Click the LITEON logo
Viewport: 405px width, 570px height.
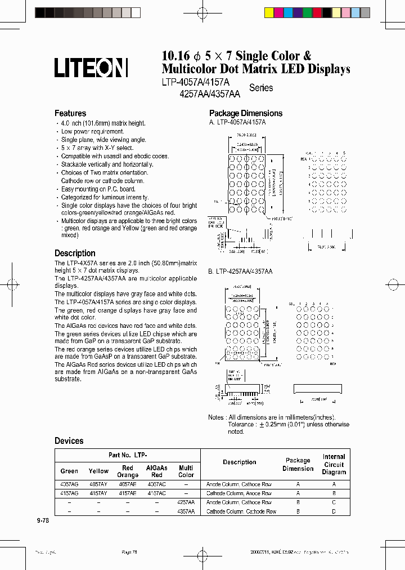pos(91,68)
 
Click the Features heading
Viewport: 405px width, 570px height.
pos(70,113)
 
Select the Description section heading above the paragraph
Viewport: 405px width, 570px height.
pos(75,253)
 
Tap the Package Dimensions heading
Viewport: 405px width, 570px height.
pos(246,113)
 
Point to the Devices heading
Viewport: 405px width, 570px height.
pos(69,441)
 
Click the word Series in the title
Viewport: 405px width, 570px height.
pos(261,88)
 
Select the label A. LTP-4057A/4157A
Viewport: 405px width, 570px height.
pos(237,122)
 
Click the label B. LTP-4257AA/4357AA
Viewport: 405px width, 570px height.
pos(240,271)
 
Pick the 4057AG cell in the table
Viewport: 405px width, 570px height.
pos(69,484)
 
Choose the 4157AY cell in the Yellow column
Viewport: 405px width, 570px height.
pos(98,493)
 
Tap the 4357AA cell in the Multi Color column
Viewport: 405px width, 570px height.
pos(186,511)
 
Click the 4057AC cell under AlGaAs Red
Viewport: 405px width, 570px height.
pos(157,484)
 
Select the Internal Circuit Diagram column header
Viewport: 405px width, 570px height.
pos(334,464)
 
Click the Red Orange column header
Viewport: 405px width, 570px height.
pos(128,471)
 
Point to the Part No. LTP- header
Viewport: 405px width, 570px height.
pos(128,455)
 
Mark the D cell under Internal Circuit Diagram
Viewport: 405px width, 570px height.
pos(334,511)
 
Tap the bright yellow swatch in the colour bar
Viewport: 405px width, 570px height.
pos(269,13)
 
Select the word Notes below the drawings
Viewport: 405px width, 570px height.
pos(216,417)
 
